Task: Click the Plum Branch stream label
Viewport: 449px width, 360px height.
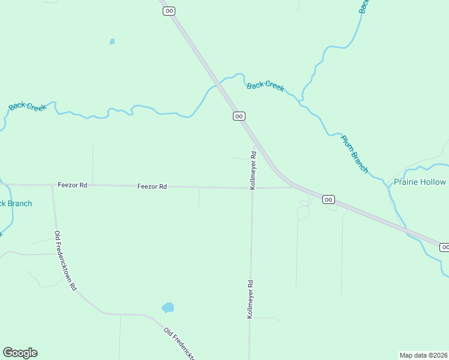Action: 354,154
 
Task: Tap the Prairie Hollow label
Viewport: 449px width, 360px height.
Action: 420,182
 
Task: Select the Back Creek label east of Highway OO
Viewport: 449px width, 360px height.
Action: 265,86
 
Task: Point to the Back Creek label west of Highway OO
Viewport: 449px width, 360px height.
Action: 28,106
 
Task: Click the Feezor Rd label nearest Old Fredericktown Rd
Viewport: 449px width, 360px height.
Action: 73,185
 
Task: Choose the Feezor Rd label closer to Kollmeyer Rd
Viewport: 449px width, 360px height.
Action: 152,187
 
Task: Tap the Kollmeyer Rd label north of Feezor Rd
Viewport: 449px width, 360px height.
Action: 253,170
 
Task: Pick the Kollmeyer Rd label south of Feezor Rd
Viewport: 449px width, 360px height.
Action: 250,298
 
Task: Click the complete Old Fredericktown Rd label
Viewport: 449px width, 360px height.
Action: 65,261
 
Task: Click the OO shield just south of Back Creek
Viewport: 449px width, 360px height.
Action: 239,116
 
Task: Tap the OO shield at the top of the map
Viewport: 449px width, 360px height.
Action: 169,11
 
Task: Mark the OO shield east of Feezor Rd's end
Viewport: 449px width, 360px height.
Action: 328,199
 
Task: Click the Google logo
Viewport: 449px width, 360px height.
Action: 20,353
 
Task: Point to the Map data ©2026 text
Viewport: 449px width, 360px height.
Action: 424,355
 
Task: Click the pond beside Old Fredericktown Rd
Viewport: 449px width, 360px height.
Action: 168,308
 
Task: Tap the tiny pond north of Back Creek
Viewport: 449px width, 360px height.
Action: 112,41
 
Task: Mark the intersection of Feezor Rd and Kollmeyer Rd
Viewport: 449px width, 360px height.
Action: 252,188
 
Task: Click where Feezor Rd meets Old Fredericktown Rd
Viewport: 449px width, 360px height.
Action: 52,185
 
